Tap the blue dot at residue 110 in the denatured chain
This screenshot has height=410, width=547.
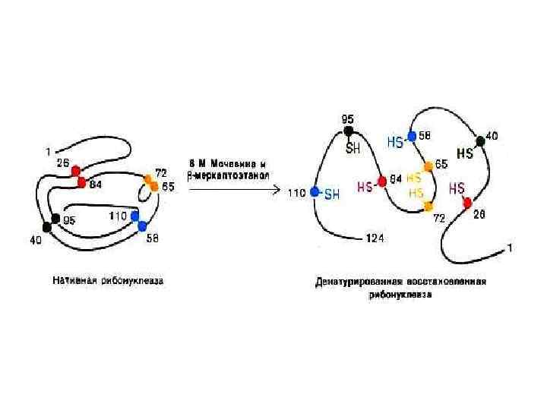pyautogui.click(x=315, y=193)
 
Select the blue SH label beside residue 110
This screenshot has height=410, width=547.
pyautogui.click(x=332, y=194)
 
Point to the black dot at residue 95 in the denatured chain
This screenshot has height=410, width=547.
pyautogui.click(x=349, y=131)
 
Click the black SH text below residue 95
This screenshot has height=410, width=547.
pyautogui.click(x=353, y=149)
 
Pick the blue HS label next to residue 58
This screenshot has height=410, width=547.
pyautogui.click(x=395, y=141)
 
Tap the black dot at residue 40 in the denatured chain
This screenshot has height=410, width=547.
pyautogui.click(x=480, y=140)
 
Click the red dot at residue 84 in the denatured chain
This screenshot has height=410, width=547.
pyautogui.click(x=382, y=182)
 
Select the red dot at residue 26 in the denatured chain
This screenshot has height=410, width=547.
pyautogui.click(x=468, y=203)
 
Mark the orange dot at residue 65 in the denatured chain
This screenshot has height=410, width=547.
pyautogui.click(x=428, y=166)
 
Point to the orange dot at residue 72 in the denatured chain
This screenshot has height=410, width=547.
pyautogui.click(x=428, y=206)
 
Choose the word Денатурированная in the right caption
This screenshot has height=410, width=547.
pyautogui.click(x=352, y=282)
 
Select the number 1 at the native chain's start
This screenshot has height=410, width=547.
pyautogui.click(x=47, y=150)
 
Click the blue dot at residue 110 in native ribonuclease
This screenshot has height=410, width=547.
pyautogui.click(x=135, y=216)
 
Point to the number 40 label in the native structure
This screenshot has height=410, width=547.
pyautogui.click(x=36, y=241)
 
